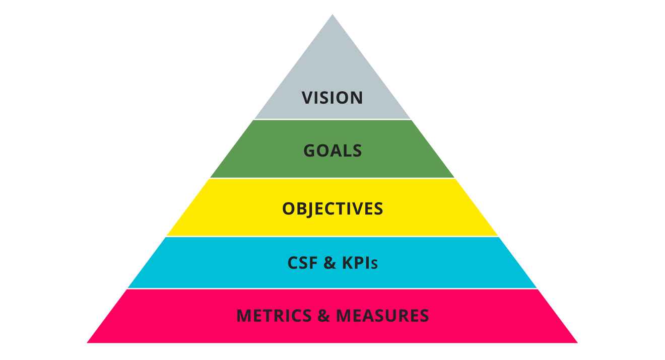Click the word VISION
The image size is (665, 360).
(x=332, y=98)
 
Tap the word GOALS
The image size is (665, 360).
(x=332, y=151)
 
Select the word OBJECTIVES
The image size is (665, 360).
(x=332, y=208)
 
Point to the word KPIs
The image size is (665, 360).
(x=360, y=263)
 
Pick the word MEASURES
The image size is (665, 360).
(x=382, y=316)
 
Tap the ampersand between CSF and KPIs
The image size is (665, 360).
(x=329, y=263)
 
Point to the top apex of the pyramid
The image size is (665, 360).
(x=332, y=16)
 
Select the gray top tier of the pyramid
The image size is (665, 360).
(x=332, y=65)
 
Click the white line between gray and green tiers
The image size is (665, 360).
(x=332, y=119)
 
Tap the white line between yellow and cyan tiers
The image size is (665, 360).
(x=332, y=236)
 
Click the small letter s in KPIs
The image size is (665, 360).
(x=374, y=264)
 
